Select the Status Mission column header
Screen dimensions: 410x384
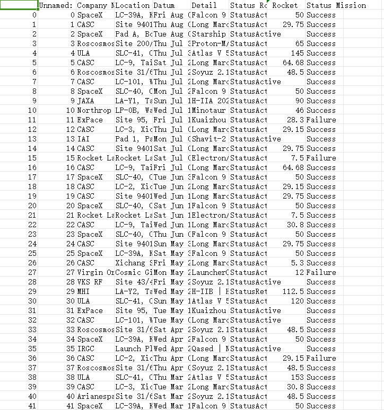tap(336, 5)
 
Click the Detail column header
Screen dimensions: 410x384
tap(204, 5)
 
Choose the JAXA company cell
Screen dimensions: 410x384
tap(86, 101)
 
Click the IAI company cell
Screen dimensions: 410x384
tap(83, 139)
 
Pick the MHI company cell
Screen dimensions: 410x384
tap(84, 291)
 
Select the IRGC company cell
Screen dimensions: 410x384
tap(86, 349)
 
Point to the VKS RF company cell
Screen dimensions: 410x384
tap(89, 282)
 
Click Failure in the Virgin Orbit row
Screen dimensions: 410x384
tap(321, 272)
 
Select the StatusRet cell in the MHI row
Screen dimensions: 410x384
tap(249, 291)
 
